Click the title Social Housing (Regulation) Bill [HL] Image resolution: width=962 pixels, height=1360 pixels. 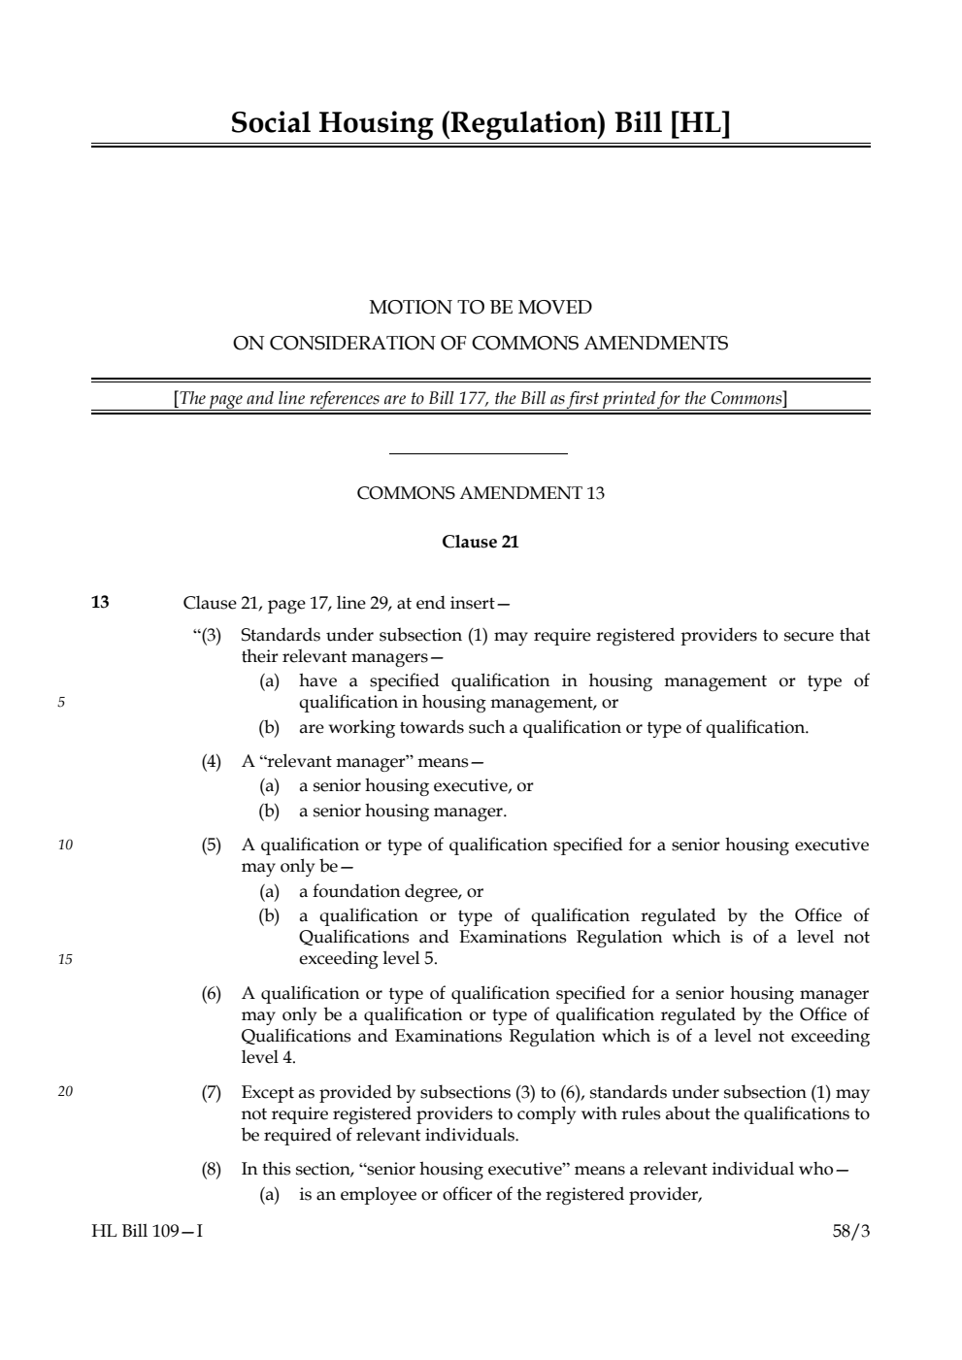coord(481,123)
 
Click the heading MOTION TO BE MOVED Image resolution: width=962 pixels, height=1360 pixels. coord(481,308)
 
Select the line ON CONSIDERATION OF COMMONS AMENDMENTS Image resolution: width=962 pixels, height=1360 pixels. coord(481,343)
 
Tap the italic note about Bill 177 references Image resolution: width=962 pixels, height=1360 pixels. coord(481,398)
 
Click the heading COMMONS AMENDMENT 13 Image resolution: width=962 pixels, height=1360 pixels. coord(481,493)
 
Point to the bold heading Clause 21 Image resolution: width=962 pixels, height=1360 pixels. coord(481,542)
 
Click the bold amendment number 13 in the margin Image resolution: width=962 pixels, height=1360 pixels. coord(100,602)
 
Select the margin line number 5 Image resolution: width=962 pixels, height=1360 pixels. coord(60,703)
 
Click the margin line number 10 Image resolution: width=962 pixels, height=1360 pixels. coord(65,845)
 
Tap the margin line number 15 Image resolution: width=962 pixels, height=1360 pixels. coord(65,959)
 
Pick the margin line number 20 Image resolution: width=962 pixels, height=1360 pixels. coord(65,1092)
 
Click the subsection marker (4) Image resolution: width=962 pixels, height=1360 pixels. coord(212,761)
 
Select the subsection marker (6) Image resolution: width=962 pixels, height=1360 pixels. coord(212,993)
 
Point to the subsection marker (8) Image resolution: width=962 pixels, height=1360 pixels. coord(212,1169)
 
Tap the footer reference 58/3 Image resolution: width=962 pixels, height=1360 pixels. coord(851,1231)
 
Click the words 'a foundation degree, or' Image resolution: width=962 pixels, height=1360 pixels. coord(390,891)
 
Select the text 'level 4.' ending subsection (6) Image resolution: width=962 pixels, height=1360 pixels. coord(269,1057)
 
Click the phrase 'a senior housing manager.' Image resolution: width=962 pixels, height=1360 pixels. coord(403,811)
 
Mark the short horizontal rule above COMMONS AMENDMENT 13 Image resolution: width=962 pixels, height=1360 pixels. coord(478,453)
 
